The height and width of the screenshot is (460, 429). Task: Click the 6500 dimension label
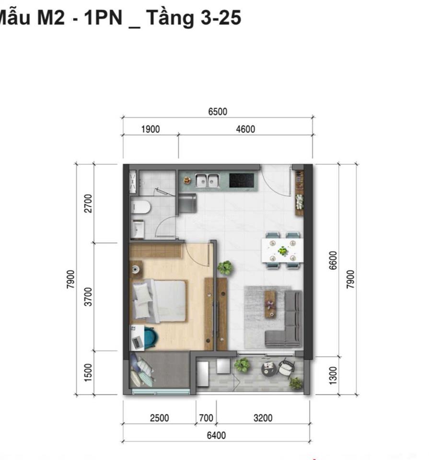218,112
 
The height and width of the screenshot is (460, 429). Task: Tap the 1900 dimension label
151,129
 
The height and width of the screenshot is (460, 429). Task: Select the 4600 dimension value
245,129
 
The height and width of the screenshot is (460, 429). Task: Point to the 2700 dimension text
88,203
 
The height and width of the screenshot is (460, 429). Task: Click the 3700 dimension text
88,297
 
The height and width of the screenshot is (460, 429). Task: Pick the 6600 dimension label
333,261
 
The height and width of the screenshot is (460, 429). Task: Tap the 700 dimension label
206,418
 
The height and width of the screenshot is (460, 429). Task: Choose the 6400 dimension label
216,436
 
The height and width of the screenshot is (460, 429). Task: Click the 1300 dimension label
333,376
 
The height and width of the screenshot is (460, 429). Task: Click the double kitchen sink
208,181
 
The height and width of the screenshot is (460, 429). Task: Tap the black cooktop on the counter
241,180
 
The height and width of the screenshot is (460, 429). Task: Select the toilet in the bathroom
140,207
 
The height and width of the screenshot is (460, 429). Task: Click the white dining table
282,250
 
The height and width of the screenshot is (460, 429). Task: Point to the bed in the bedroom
159,301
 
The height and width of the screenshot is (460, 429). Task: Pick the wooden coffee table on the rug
270,305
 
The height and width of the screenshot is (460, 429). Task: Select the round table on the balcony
268,369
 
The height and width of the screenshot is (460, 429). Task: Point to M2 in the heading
51,18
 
